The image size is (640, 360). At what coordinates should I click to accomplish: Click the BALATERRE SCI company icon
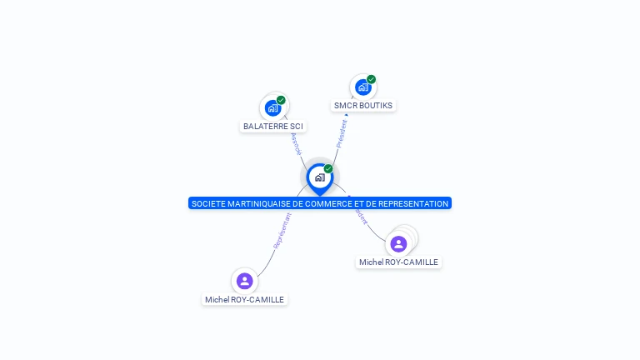pos(272,107)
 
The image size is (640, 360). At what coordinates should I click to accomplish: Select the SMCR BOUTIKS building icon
pos(362,87)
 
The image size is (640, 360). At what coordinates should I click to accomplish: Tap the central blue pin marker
pos(319,177)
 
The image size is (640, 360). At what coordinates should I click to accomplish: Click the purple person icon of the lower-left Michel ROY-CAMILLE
pos(244,281)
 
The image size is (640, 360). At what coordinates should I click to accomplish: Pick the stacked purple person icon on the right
pos(399,243)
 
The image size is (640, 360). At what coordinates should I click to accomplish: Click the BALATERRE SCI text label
pos(273,127)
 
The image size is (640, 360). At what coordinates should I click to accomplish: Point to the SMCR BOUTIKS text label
pos(362,106)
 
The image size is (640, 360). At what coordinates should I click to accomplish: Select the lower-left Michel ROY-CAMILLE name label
pos(244,300)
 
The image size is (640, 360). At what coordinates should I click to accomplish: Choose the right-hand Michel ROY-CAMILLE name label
pos(398,262)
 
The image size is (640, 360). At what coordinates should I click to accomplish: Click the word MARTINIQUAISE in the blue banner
pos(253,203)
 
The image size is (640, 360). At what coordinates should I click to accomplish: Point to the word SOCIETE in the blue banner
pos(207,203)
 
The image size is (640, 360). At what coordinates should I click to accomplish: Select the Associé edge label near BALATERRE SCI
pos(296,143)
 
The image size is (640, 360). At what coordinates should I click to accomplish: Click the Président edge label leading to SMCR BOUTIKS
pos(342,132)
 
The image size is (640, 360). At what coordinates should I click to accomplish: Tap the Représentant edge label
pos(281,230)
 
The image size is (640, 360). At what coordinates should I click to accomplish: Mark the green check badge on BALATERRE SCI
pos(281,100)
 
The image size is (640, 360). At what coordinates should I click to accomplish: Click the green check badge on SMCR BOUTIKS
pos(371,79)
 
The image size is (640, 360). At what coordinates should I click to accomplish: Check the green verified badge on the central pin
pos(328,169)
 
